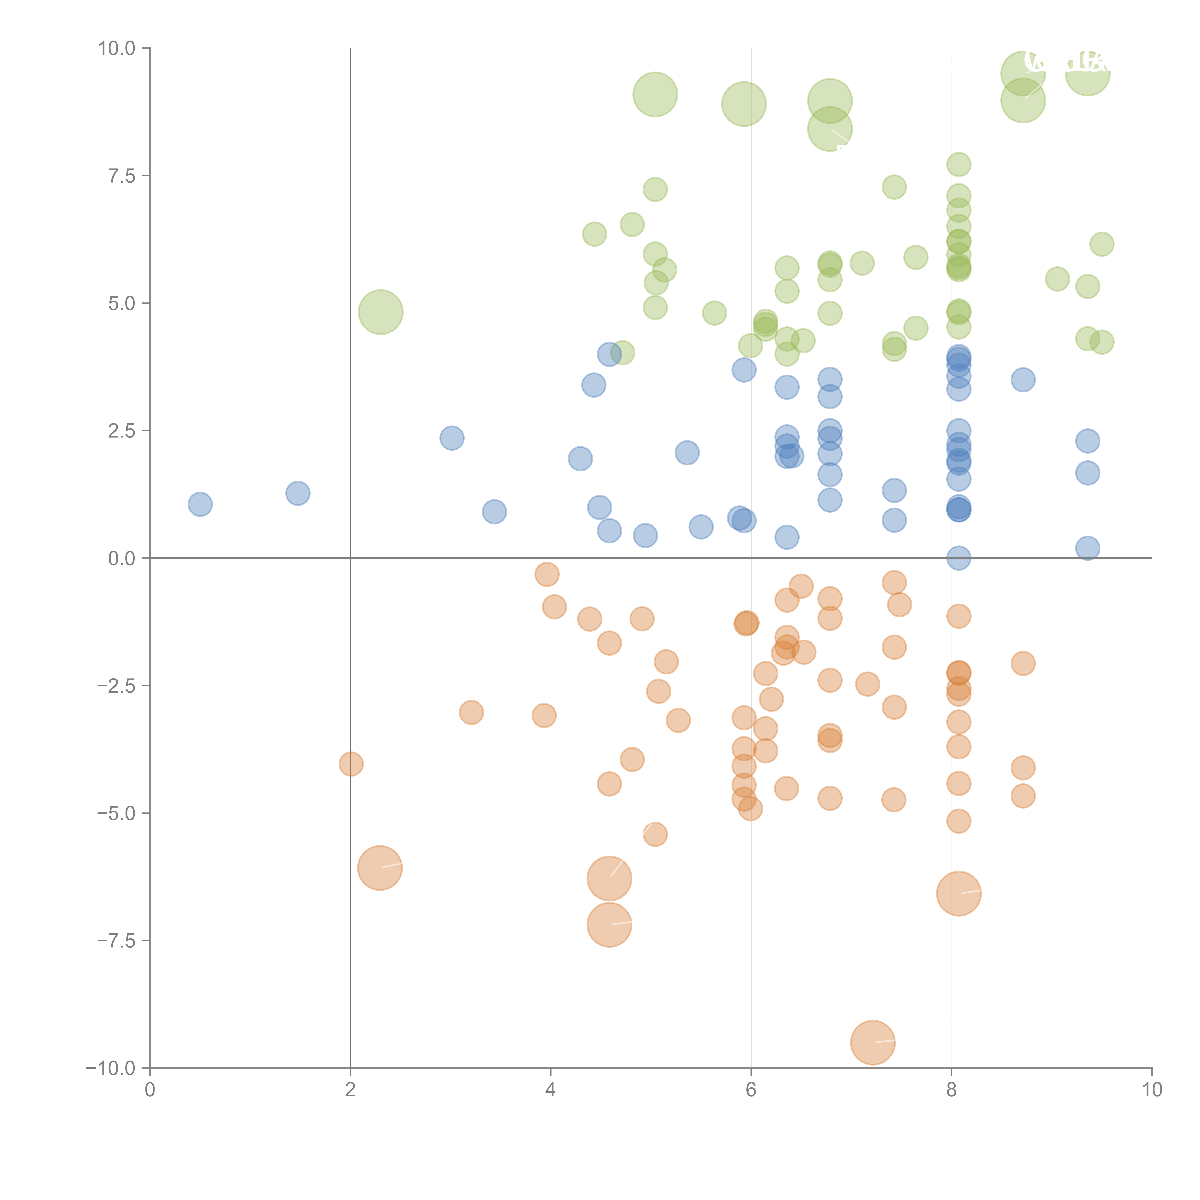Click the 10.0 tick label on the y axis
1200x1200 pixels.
(117, 48)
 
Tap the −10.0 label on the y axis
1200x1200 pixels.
(111, 1068)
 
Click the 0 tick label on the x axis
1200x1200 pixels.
(150, 1090)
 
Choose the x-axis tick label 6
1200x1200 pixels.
(751, 1090)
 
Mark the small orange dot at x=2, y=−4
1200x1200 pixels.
(351, 764)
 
